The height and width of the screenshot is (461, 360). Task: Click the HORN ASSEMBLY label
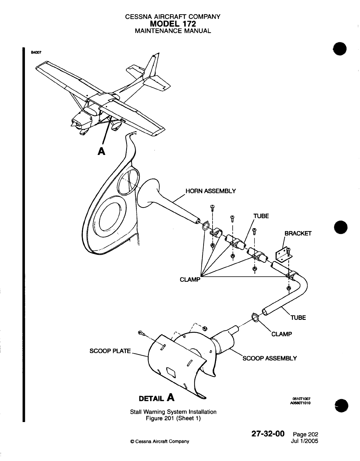[x=211, y=191]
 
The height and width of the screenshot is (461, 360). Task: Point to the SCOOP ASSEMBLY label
[x=270, y=358]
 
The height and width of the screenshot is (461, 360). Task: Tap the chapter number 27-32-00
[x=268, y=434]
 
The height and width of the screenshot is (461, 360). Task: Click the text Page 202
[x=305, y=435]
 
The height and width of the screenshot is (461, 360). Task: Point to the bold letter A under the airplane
[x=101, y=151]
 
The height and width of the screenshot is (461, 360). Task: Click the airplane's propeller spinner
[x=73, y=124]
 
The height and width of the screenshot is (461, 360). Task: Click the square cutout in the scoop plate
[x=171, y=372]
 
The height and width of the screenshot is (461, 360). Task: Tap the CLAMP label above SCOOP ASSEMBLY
[x=281, y=334]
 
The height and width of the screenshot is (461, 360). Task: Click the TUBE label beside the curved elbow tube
[x=298, y=318]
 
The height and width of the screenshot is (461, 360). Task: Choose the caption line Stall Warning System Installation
[x=173, y=412]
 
